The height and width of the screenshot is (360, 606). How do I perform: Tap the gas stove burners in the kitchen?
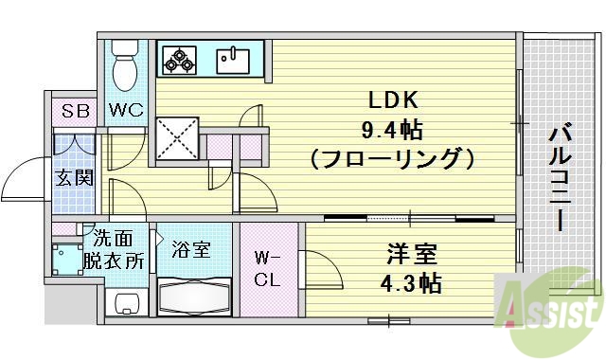click(179, 61)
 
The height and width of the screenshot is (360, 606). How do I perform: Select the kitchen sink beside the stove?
click(232, 61)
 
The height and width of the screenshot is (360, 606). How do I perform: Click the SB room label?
click(76, 111)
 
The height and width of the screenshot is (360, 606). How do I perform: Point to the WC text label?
click(125, 111)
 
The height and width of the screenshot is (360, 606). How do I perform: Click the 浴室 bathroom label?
click(190, 250)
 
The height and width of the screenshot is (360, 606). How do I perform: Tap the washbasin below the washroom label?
click(125, 301)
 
